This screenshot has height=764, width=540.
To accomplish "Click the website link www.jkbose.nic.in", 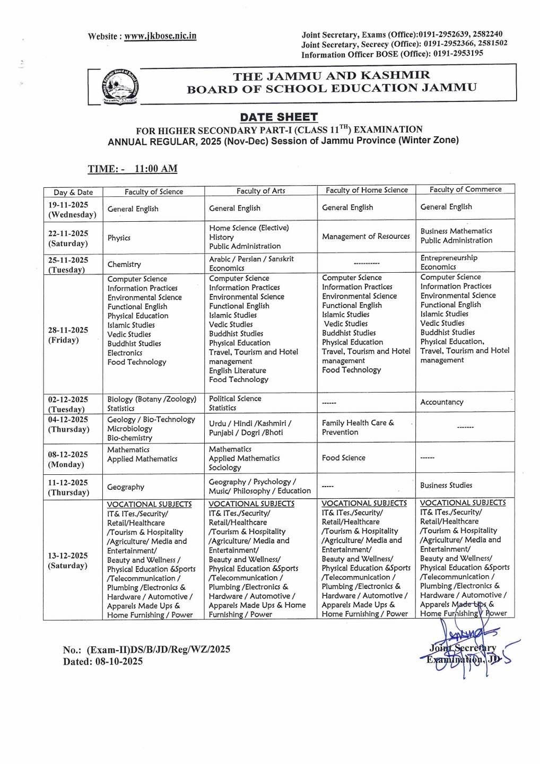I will pyautogui.click(x=160, y=36).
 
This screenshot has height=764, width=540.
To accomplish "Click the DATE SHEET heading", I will pyautogui.click(x=278, y=117).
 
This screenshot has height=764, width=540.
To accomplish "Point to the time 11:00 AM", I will pyautogui.click(x=156, y=169).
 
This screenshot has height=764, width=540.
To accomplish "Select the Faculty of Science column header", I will pyautogui.click(x=154, y=192).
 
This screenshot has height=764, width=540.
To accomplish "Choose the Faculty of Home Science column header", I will pyautogui.click(x=367, y=190).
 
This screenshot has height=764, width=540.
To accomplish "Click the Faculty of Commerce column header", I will pyautogui.click(x=465, y=189).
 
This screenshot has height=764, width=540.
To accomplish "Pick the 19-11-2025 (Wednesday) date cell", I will pyautogui.click(x=73, y=210).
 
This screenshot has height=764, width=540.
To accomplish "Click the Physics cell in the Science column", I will pyautogui.click(x=119, y=238).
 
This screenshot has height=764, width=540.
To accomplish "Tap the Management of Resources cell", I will pyautogui.click(x=365, y=236).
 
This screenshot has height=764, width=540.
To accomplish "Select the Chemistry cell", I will pyautogui.click(x=124, y=264).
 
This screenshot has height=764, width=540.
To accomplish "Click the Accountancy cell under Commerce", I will pyautogui.click(x=442, y=402).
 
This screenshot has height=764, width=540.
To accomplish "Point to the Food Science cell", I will pyautogui.click(x=343, y=457).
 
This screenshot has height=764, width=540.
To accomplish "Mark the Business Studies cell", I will pyautogui.click(x=446, y=485).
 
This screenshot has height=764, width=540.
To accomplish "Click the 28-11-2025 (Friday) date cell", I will pyautogui.click(x=68, y=335).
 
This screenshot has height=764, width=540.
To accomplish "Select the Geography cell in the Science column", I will pyautogui.click(x=126, y=487).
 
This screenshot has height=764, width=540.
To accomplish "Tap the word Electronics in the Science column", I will pyautogui.click(x=125, y=353).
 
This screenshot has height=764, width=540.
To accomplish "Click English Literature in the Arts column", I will pyautogui.click(x=237, y=370).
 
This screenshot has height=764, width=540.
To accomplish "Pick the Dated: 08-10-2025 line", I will pyautogui.click(x=103, y=662).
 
